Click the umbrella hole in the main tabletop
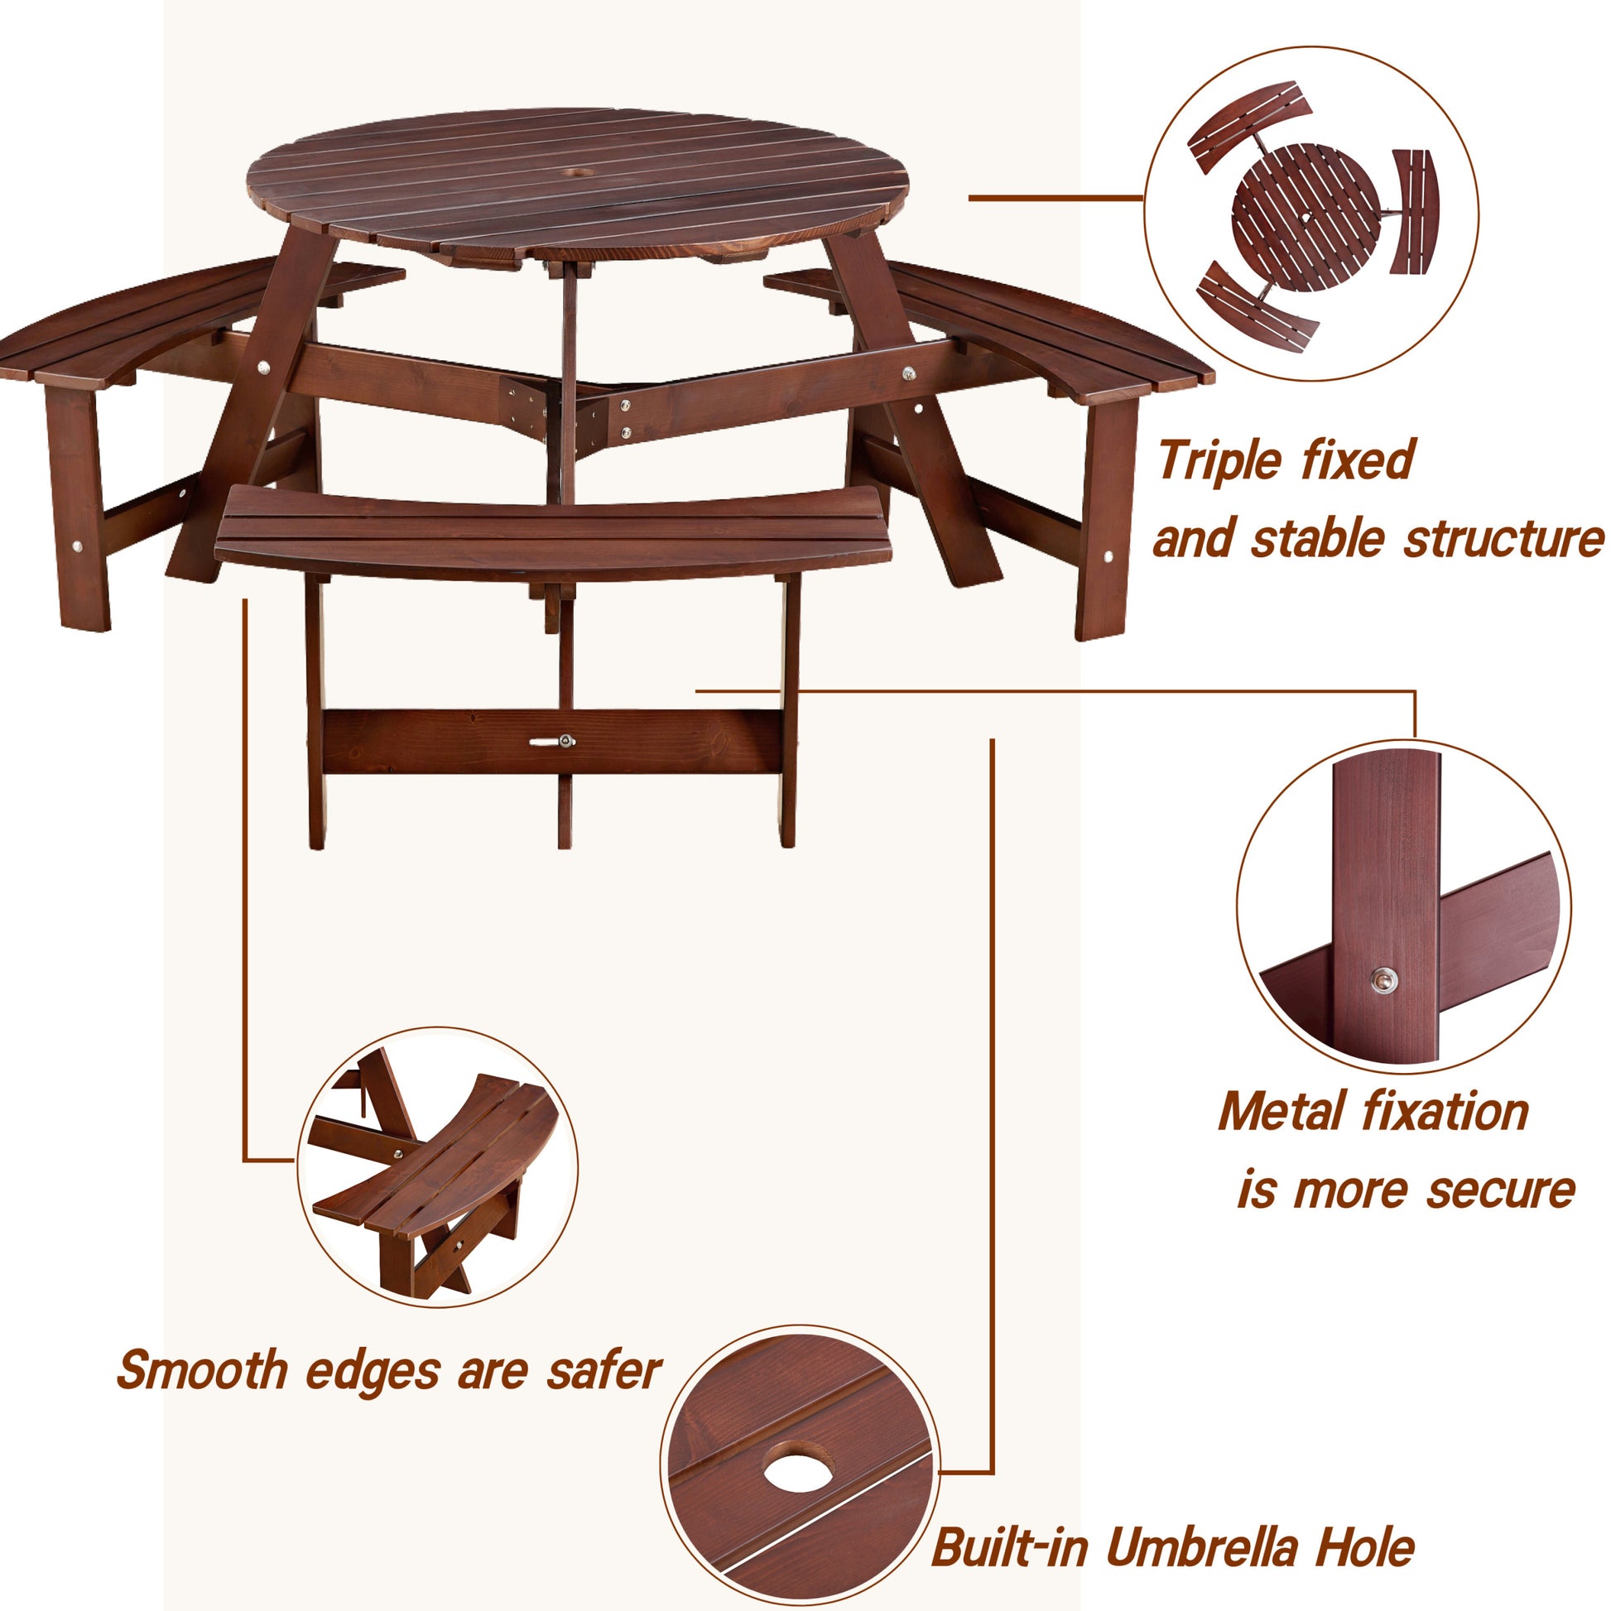(576, 172)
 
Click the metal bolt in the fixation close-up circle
(1385, 981)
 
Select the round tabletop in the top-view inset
(1306, 217)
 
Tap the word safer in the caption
(603, 1370)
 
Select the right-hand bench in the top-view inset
(1415, 213)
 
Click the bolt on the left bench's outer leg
(77, 547)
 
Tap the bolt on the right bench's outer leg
(1108, 556)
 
